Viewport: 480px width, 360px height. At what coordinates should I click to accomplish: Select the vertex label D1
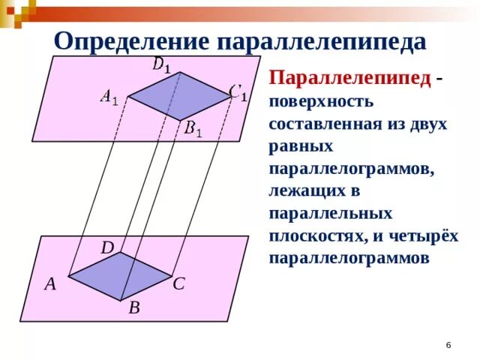[x=162, y=65]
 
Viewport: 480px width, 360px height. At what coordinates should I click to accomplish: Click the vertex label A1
[x=109, y=97]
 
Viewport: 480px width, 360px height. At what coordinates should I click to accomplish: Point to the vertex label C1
[x=238, y=93]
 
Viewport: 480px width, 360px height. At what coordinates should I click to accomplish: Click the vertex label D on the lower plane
[x=107, y=247]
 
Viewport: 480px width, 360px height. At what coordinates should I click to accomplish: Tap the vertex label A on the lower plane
[x=50, y=284]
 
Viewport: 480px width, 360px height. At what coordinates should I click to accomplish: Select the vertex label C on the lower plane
[x=178, y=285]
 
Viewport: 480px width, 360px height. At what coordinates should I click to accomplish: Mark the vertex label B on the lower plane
[x=133, y=307]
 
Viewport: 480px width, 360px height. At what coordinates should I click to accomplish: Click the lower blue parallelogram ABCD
[x=120, y=275]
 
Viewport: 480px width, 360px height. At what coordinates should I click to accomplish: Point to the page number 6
[x=448, y=344]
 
